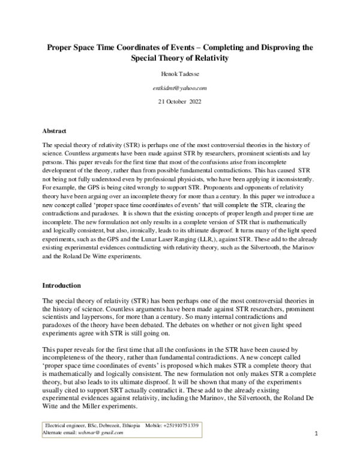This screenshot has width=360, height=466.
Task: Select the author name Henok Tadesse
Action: click(180, 76)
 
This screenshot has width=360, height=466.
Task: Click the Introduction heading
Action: click(61, 285)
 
